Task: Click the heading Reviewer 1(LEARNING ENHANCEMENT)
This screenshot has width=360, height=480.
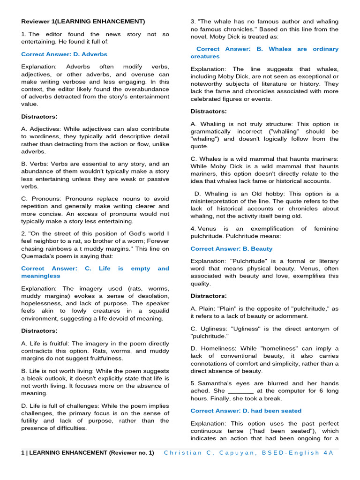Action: pos(83,22)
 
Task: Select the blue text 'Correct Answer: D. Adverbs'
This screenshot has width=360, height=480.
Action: pos(64,54)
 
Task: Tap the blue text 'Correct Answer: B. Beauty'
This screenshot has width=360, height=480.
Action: pos(231,249)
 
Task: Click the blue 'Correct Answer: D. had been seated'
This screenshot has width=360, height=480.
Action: pos(246,411)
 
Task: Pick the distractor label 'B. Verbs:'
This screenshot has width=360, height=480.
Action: pos(35,164)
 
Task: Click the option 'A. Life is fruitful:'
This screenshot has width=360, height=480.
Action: pos(51,344)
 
